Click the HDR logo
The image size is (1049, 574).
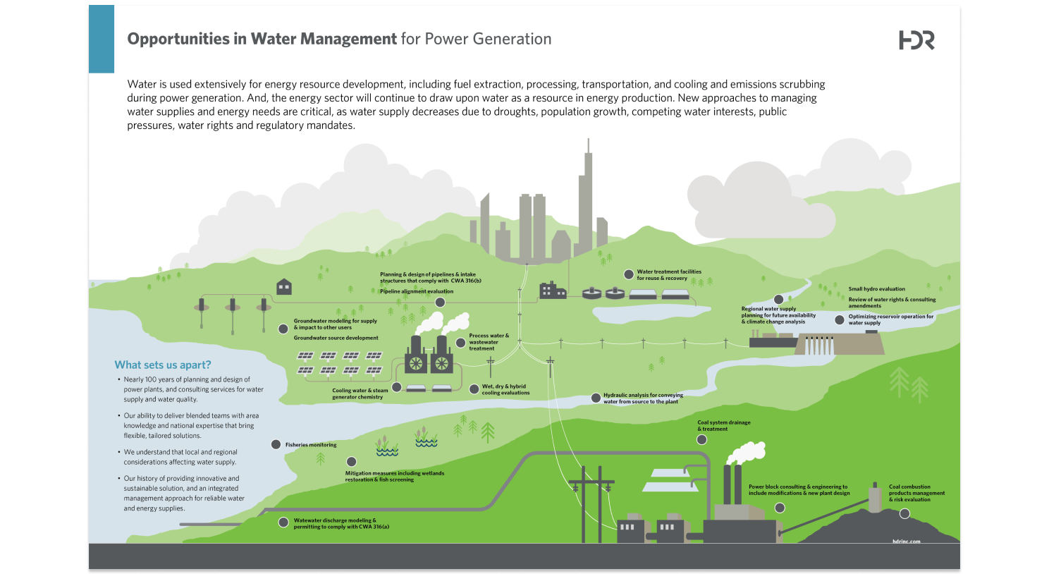point(916,41)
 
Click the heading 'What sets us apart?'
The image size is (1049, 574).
point(163,365)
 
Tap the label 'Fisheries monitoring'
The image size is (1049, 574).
point(311,445)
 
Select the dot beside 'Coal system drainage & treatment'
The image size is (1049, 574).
point(701,440)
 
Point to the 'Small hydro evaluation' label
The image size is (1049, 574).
point(876,289)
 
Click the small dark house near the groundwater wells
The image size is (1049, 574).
point(284,286)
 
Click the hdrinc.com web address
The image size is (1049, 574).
point(906,542)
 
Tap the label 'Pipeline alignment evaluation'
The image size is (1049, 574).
point(417,291)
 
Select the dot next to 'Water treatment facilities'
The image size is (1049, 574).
point(629,274)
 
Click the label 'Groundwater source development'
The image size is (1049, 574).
point(336,338)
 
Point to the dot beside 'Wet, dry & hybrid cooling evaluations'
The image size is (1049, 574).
point(474,389)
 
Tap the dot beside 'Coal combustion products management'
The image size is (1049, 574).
point(904,513)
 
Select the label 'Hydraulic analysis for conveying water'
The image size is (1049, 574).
point(643,398)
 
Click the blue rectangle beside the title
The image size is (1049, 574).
point(102,39)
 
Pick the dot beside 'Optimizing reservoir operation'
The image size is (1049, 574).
point(839,319)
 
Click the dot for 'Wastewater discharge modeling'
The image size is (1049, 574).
point(283,523)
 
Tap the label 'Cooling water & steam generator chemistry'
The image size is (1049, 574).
point(360,393)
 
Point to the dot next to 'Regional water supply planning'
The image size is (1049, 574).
point(778,300)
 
